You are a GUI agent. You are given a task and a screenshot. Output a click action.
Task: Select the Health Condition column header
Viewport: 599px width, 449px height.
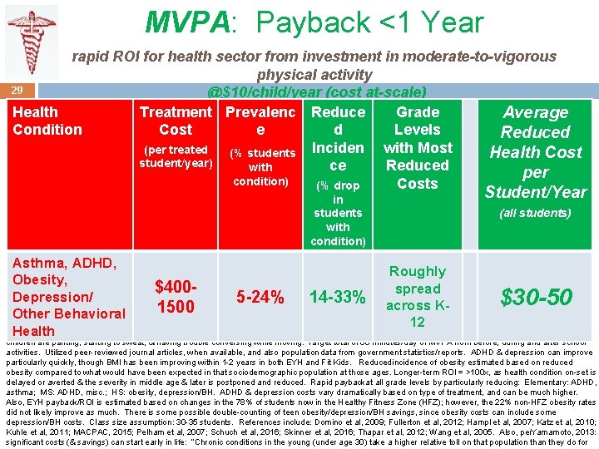(x=47, y=121)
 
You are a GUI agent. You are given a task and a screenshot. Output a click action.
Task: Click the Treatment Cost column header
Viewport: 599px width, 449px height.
(x=176, y=121)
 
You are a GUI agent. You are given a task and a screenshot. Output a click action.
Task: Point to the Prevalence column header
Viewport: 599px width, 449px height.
(x=260, y=121)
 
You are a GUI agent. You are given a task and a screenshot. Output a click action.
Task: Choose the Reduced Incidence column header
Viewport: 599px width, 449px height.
(x=338, y=139)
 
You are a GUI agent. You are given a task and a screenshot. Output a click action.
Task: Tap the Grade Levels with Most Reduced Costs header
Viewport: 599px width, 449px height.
(x=418, y=147)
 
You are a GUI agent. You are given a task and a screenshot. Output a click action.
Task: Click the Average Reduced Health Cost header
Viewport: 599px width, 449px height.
(x=536, y=151)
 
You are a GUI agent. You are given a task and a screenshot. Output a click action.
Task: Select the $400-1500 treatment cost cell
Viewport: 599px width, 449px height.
(x=176, y=297)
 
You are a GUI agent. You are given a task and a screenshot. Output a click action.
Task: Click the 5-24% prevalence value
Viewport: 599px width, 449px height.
(x=260, y=297)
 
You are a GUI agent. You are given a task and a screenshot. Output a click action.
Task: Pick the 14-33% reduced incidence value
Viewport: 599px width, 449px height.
(x=338, y=297)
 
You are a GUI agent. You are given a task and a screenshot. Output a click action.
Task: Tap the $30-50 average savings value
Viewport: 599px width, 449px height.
(x=536, y=297)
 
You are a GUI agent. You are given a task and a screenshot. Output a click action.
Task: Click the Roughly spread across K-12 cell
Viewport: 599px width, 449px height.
(x=418, y=297)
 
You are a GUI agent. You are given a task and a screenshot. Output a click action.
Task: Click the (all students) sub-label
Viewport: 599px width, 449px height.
(x=536, y=214)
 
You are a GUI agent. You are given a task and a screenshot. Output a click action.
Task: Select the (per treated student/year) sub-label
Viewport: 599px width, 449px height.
(x=176, y=156)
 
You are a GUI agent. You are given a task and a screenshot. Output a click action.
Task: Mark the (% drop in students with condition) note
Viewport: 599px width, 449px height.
(x=338, y=214)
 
